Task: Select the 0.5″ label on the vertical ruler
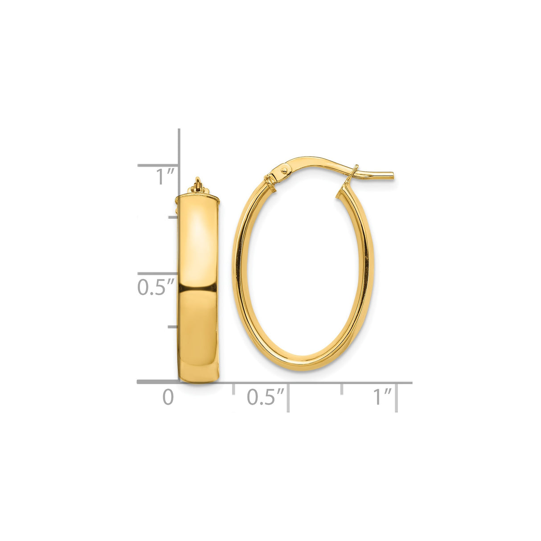[155, 287]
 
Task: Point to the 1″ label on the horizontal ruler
[382, 397]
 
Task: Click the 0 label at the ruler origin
[168, 397]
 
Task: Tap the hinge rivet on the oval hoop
[284, 170]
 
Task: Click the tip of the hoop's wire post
[392, 176]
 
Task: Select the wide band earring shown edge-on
[198, 285]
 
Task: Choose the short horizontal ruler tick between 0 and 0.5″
[233, 389]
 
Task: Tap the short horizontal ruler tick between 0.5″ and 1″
[342, 389]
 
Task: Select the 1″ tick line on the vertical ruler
[158, 165]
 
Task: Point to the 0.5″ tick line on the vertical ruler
[158, 273]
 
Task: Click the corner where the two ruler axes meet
[179, 382]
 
